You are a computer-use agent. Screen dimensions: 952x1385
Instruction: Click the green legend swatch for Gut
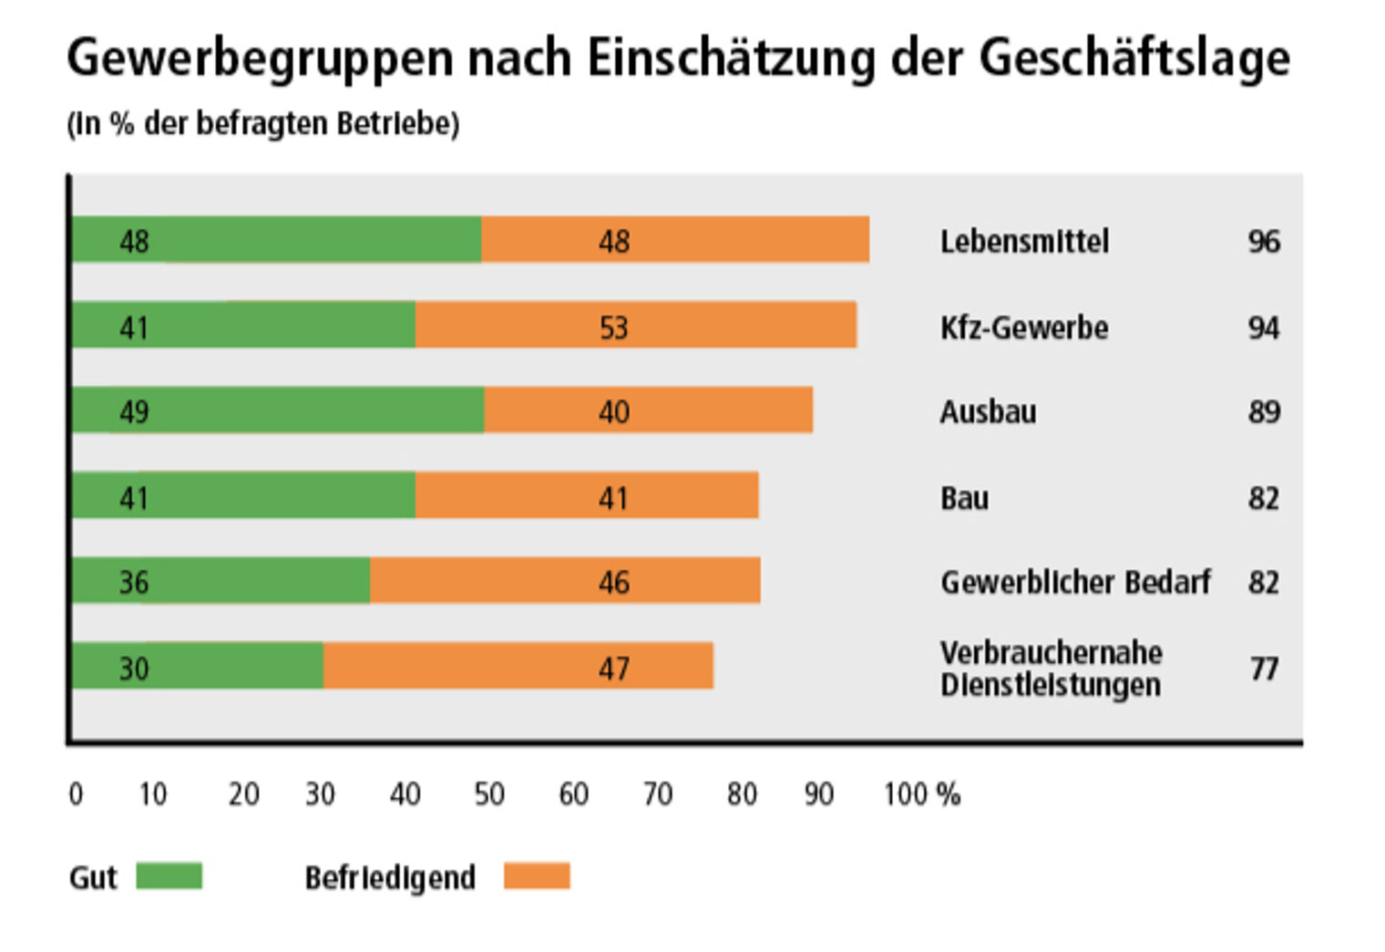pyautogui.click(x=169, y=876)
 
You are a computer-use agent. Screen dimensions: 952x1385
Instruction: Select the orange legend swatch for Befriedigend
pyautogui.click(x=537, y=876)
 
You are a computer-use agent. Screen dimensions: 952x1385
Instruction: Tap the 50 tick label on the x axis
pyautogui.click(x=489, y=795)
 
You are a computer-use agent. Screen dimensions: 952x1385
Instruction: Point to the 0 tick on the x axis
pyautogui.click(x=76, y=795)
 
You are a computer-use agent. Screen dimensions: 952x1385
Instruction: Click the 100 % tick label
pyautogui.click(x=922, y=795)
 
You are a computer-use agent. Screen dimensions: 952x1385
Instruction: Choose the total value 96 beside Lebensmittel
pyautogui.click(x=1264, y=242)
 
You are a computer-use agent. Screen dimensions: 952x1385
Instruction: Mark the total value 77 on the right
pyautogui.click(x=1264, y=668)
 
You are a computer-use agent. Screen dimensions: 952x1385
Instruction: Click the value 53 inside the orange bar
pyautogui.click(x=614, y=327)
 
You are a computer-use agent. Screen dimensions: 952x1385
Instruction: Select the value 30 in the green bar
pyautogui.click(x=134, y=668)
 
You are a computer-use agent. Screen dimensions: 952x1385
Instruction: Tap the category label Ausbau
pyautogui.click(x=989, y=412)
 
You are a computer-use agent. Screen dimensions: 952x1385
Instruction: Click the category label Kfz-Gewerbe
pyautogui.click(x=1024, y=327)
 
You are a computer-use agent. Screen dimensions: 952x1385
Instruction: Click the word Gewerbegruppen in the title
pyautogui.click(x=260, y=58)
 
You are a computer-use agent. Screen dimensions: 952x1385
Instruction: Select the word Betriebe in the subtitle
pyautogui.click(x=397, y=124)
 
